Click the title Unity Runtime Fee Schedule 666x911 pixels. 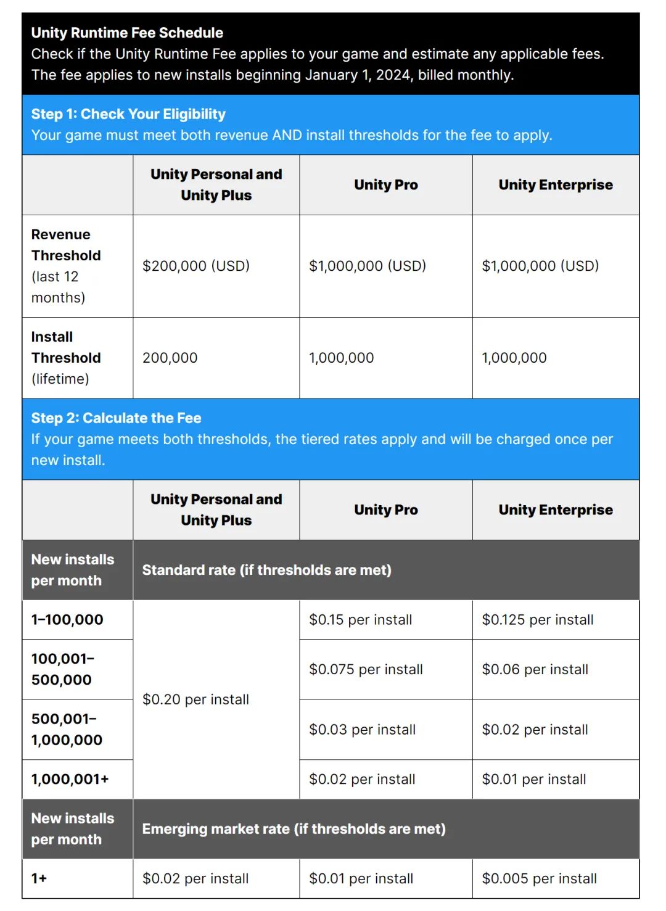point(127,33)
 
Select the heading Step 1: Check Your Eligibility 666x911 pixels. point(128,114)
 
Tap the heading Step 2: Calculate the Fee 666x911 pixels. point(116,418)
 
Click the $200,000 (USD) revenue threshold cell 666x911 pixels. point(196,266)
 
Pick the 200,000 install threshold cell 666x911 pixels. point(170,358)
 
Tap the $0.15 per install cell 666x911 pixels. point(361,620)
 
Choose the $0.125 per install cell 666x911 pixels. point(538,620)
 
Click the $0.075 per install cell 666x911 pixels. point(366,669)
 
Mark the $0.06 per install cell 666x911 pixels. point(535,669)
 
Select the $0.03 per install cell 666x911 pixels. point(363,730)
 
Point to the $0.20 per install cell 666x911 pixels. point(195,699)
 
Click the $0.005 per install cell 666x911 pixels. point(540,878)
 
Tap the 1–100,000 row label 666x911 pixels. point(67,620)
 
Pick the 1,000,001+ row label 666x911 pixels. point(70,779)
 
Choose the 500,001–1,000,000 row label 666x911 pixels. point(67,730)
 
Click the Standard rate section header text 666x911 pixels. point(266,570)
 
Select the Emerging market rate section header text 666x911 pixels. point(294,829)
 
